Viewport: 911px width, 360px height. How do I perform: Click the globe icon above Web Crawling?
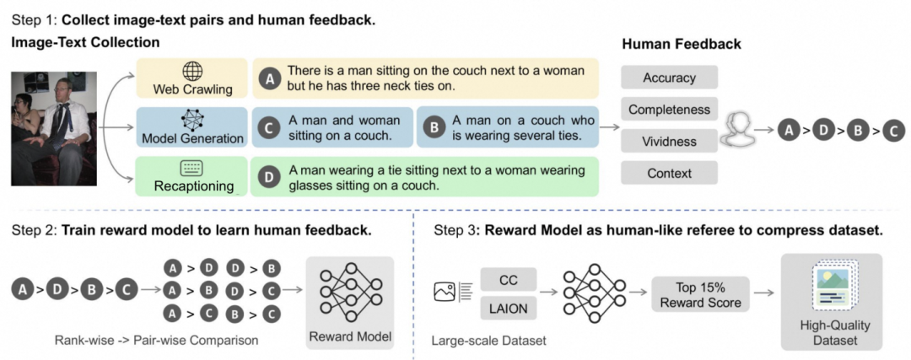point(191,72)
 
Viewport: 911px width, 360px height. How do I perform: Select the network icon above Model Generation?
point(191,121)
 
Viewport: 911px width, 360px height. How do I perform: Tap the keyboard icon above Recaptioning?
point(191,169)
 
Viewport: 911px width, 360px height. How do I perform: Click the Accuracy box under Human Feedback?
point(669,78)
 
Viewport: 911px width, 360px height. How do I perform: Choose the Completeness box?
point(669,109)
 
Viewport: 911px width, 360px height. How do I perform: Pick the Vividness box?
point(669,141)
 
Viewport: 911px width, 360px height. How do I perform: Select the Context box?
point(669,173)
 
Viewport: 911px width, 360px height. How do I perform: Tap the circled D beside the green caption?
point(268,177)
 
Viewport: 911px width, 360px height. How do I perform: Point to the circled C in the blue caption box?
point(269,128)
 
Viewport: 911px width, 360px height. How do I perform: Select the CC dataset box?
point(509,280)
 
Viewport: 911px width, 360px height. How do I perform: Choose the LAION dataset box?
point(509,309)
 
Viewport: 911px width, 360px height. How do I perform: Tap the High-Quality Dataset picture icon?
point(833,287)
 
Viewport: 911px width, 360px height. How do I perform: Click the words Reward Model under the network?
point(350,336)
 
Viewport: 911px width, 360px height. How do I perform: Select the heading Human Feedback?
point(681,44)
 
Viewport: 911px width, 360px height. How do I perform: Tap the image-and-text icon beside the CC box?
point(453,291)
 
